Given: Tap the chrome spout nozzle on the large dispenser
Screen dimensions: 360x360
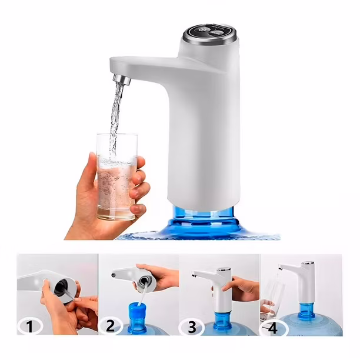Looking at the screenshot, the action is click(122, 79).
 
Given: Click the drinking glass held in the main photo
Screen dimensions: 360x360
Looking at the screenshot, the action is click(116, 176).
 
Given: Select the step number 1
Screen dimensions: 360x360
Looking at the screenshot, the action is click(30, 326).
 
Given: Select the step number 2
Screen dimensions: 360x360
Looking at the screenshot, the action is click(110, 326).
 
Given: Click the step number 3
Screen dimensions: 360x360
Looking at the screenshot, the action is click(192, 327).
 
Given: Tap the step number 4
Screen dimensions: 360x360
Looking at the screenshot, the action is click(272, 328).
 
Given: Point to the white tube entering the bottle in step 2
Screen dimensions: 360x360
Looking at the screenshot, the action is click(142, 294).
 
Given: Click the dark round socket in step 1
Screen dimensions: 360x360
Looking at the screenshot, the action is click(61, 287).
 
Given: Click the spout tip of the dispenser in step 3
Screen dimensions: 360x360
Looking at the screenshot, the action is click(194, 275).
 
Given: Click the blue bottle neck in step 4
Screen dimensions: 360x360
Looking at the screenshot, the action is click(306, 311).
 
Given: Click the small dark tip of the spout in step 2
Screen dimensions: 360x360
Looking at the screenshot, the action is click(113, 275).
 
